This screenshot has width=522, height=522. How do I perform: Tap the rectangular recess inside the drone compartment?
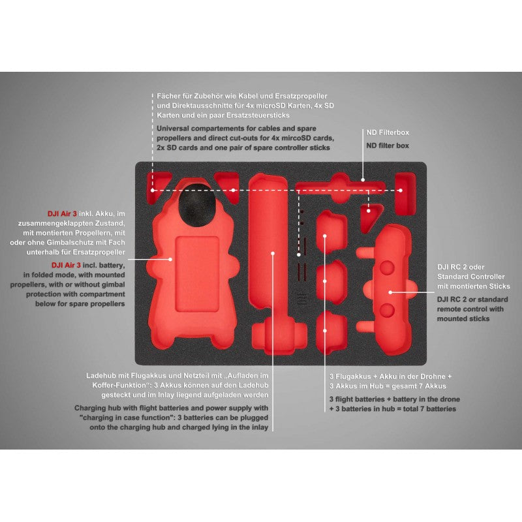pos(198,274)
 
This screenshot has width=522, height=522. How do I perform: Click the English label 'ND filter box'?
pos(388,146)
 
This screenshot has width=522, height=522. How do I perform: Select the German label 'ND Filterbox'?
pos(388,132)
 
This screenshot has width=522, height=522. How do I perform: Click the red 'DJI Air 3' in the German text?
pos(62,214)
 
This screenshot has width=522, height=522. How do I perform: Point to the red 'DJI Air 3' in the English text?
pos(66,266)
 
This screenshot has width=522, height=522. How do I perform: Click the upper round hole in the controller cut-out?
pos(387,268)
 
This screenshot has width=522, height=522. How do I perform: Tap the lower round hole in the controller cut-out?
pos(387,310)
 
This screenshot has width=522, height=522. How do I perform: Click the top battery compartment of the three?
pos(331,231)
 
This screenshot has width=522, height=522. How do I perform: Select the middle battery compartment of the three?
pos(331,282)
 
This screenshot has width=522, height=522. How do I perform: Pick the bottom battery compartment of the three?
pos(331,332)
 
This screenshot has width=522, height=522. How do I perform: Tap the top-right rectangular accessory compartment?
pos(405,194)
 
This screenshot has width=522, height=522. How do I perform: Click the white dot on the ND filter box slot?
pos(363,180)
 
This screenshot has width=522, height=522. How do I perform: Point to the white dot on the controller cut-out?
pos(390,292)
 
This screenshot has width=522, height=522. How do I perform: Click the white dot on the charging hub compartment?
pos(273,253)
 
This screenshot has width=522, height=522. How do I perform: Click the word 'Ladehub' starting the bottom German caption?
pos(101,376)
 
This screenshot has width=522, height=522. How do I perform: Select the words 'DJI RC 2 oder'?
pos(461,267)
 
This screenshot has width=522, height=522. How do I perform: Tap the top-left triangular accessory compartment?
pos(158,187)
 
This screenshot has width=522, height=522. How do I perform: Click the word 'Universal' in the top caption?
pos(173,129)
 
